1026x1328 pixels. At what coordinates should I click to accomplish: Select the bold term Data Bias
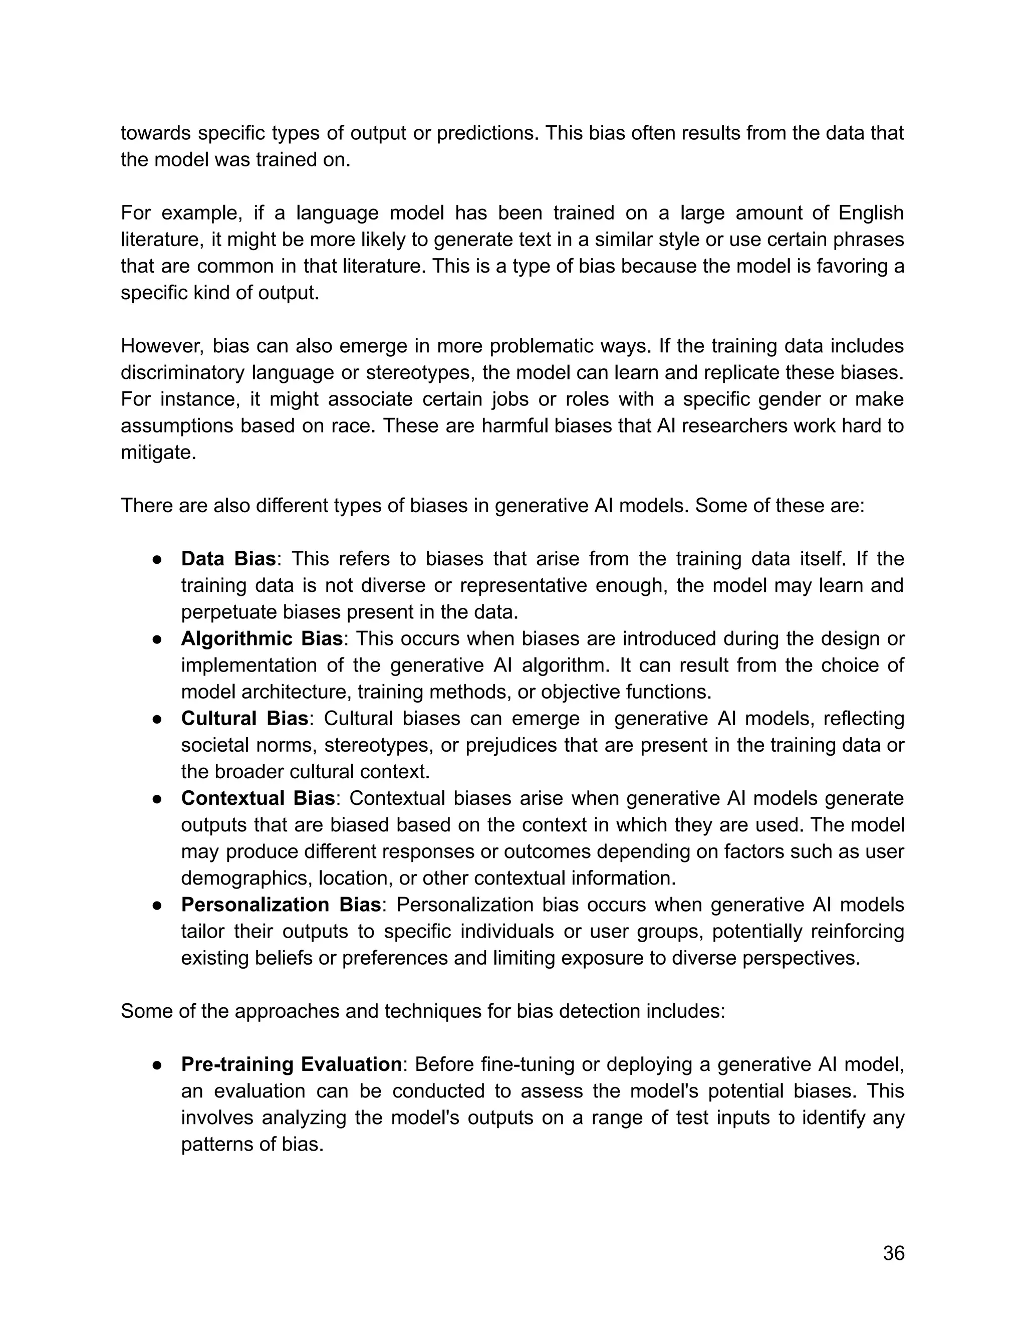[228, 559]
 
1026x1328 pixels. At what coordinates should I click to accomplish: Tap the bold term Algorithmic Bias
[262, 638]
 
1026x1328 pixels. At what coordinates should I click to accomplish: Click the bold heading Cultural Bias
[244, 718]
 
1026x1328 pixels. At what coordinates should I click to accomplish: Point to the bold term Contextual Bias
[258, 798]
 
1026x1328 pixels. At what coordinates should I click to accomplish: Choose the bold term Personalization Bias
[281, 904]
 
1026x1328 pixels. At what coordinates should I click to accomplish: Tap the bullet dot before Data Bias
[157, 559]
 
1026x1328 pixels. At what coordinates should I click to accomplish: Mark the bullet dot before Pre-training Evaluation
[157, 1065]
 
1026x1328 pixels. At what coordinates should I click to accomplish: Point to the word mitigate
[157, 453]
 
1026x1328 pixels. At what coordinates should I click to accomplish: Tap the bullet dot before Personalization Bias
[157, 905]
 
